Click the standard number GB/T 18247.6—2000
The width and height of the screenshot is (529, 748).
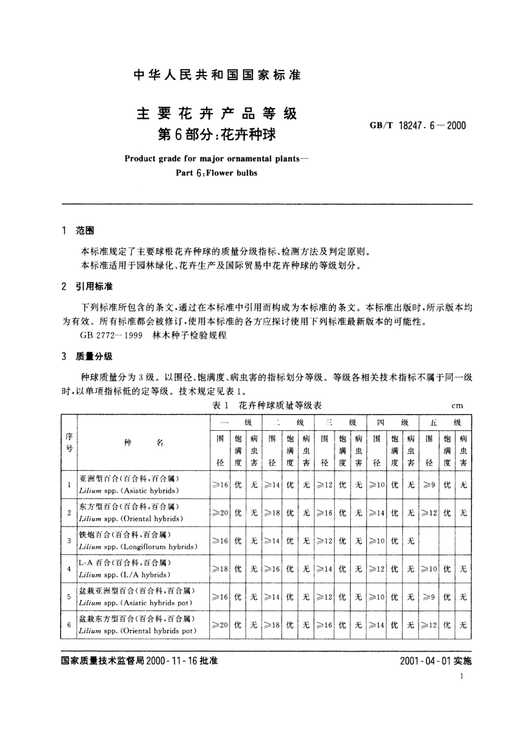click(x=418, y=125)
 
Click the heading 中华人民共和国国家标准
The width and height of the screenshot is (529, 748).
click(x=218, y=76)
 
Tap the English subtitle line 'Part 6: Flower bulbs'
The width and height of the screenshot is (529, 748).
click(x=217, y=173)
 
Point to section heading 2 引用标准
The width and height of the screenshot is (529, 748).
click(x=88, y=287)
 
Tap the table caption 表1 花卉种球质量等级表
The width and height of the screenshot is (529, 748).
click(x=267, y=405)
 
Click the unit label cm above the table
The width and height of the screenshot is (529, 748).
click(x=457, y=406)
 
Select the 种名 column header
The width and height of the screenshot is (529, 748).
click(x=143, y=442)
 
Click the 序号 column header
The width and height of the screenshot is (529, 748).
click(x=69, y=442)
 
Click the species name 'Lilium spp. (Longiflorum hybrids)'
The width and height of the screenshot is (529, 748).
click(x=138, y=547)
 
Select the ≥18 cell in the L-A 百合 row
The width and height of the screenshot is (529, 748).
click(x=221, y=569)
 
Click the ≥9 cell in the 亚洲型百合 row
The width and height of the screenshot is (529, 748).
click(x=429, y=485)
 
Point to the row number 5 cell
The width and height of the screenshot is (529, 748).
click(x=69, y=597)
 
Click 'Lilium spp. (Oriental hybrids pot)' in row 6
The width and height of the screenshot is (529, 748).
click(x=138, y=631)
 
